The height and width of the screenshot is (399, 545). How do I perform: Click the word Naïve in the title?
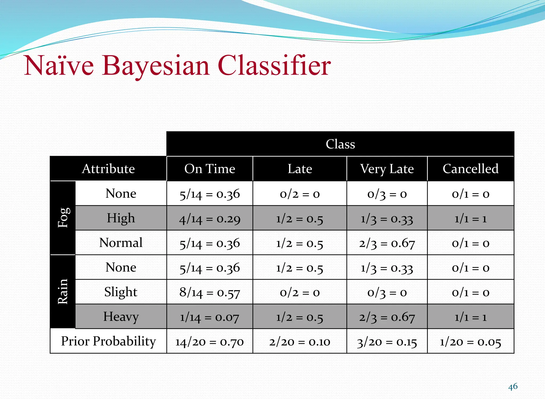(x=59, y=66)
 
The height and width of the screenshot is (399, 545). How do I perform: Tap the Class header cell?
(x=340, y=144)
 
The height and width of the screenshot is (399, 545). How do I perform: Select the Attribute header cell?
(x=108, y=169)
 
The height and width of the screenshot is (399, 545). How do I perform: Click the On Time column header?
(x=210, y=169)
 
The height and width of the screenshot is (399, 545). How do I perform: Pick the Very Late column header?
(x=387, y=169)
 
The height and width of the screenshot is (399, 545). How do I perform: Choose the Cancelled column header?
(x=470, y=169)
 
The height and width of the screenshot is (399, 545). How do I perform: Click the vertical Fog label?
(x=63, y=218)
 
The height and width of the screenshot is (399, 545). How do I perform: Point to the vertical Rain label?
(x=63, y=292)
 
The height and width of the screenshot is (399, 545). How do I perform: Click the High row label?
(x=121, y=218)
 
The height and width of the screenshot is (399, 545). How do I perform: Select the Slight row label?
(x=121, y=292)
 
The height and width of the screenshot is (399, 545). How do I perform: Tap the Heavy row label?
(x=121, y=317)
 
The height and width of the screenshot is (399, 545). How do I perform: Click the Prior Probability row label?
(x=108, y=341)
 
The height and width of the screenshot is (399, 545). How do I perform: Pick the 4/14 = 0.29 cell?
(x=210, y=219)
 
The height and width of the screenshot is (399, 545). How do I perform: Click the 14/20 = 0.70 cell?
(x=210, y=342)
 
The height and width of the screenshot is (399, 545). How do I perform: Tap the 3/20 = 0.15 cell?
(x=387, y=342)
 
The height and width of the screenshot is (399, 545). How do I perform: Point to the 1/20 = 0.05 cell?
(x=470, y=342)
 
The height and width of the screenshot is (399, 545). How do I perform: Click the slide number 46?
(x=513, y=386)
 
